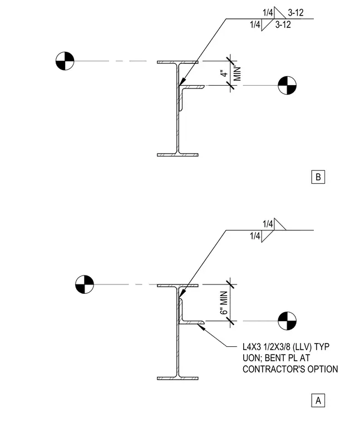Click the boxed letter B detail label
318,177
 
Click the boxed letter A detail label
318,400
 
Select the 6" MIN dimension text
224,303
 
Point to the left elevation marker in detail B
65,61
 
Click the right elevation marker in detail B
287,86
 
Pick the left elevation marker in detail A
85,284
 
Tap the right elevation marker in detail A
287,321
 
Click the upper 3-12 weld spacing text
295,13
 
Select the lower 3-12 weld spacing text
283,25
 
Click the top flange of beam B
177,62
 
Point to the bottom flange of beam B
177,155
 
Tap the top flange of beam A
177,286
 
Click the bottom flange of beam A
177,378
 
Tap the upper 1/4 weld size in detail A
268,224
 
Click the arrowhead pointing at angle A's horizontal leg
201,327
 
